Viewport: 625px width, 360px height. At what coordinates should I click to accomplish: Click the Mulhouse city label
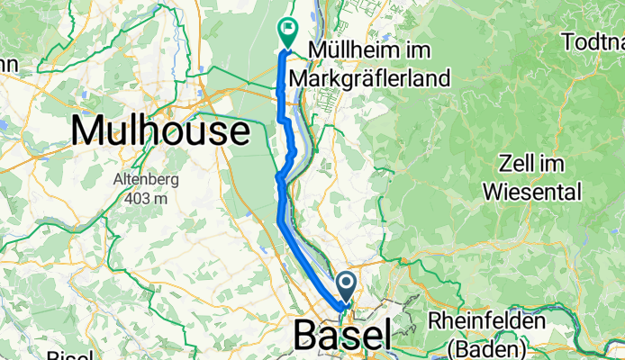click(159, 131)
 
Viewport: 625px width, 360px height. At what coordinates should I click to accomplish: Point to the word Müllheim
click(348, 49)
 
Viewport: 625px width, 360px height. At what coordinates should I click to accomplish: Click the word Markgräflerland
click(378, 78)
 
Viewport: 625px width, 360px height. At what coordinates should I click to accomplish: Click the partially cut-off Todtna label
click(592, 41)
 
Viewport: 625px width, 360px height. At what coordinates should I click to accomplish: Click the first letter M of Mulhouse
click(88, 131)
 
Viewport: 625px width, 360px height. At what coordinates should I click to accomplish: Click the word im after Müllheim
click(403, 49)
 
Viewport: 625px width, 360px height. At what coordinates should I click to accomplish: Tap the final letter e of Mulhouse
click(237, 133)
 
